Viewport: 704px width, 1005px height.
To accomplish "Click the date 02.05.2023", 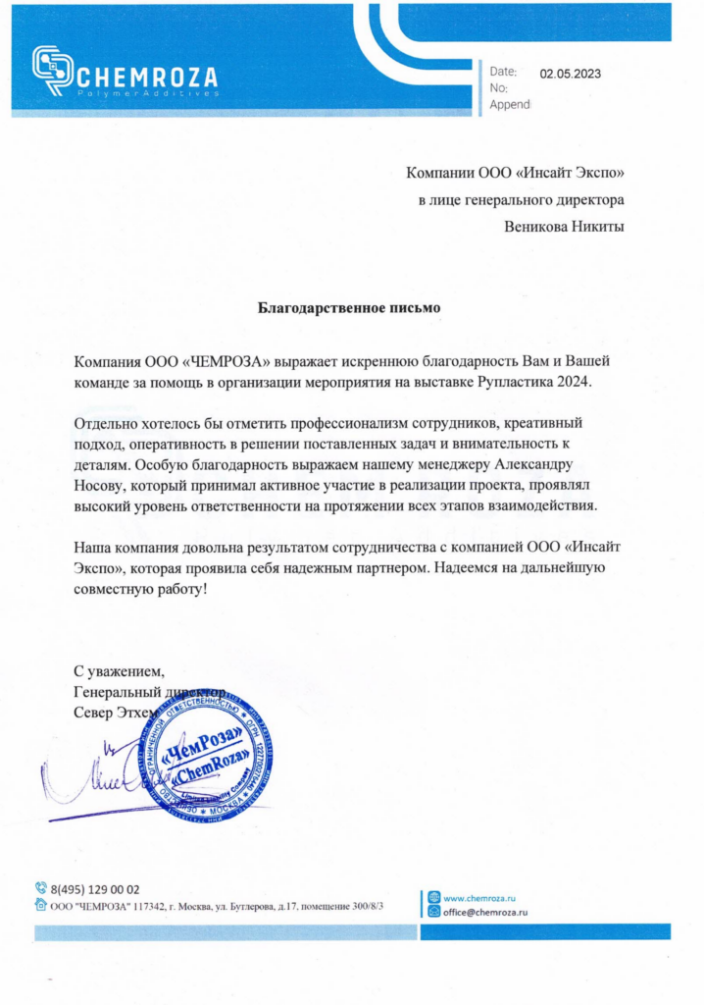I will [571, 73].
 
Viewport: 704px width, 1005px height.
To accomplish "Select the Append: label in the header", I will [510, 104].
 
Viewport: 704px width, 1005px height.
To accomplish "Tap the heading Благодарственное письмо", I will [349, 307].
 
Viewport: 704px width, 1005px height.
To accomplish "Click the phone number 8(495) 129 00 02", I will [95, 888].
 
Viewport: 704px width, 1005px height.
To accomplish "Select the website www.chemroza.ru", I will [479, 897].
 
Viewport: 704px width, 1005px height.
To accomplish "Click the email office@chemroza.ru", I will [485, 912].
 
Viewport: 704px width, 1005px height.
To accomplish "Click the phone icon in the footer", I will [41, 888].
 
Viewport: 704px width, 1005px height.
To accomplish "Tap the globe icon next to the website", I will [434, 897].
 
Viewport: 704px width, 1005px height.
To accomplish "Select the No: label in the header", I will [498, 88].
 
